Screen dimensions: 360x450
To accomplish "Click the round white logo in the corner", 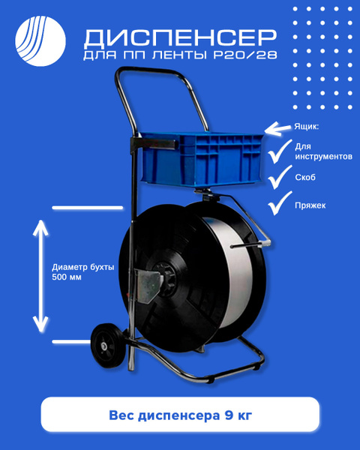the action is pyautogui.click(x=40, y=41).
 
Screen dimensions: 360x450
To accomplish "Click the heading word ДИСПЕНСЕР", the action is pyautogui.click(x=180, y=37).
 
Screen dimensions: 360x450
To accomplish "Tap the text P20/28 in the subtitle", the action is pyautogui.click(x=245, y=55).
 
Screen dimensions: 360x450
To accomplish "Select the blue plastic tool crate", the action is pyautogui.click(x=202, y=160).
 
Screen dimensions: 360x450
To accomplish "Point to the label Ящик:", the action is pyautogui.click(x=306, y=127).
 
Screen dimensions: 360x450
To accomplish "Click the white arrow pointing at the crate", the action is pyautogui.click(x=277, y=128).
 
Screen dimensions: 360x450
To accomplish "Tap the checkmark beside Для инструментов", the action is pyautogui.click(x=279, y=151).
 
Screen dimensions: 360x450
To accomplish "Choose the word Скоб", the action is pyautogui.click(x=305, y=177).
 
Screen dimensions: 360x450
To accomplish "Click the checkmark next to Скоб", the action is pyautogui.click(x=280, y=177).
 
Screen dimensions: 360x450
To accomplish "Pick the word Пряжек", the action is pyautogui.click(x=310, y=205).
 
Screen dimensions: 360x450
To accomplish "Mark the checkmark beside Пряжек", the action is pyautogui.click(x=280, y=203).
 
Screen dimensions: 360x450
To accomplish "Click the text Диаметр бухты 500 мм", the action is pyautogui.click(x=83, y=272).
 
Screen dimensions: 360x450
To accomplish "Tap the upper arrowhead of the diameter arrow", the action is pyautogui.click(x=40, y=226).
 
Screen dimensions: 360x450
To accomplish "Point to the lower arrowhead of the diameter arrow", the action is pyautogui.click(x=40, y=325).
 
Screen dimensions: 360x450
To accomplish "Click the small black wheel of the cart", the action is pyautogui.click(x=108, y=346).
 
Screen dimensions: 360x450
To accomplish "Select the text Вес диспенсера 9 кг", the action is pyautogui.click(x=180, y=415).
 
